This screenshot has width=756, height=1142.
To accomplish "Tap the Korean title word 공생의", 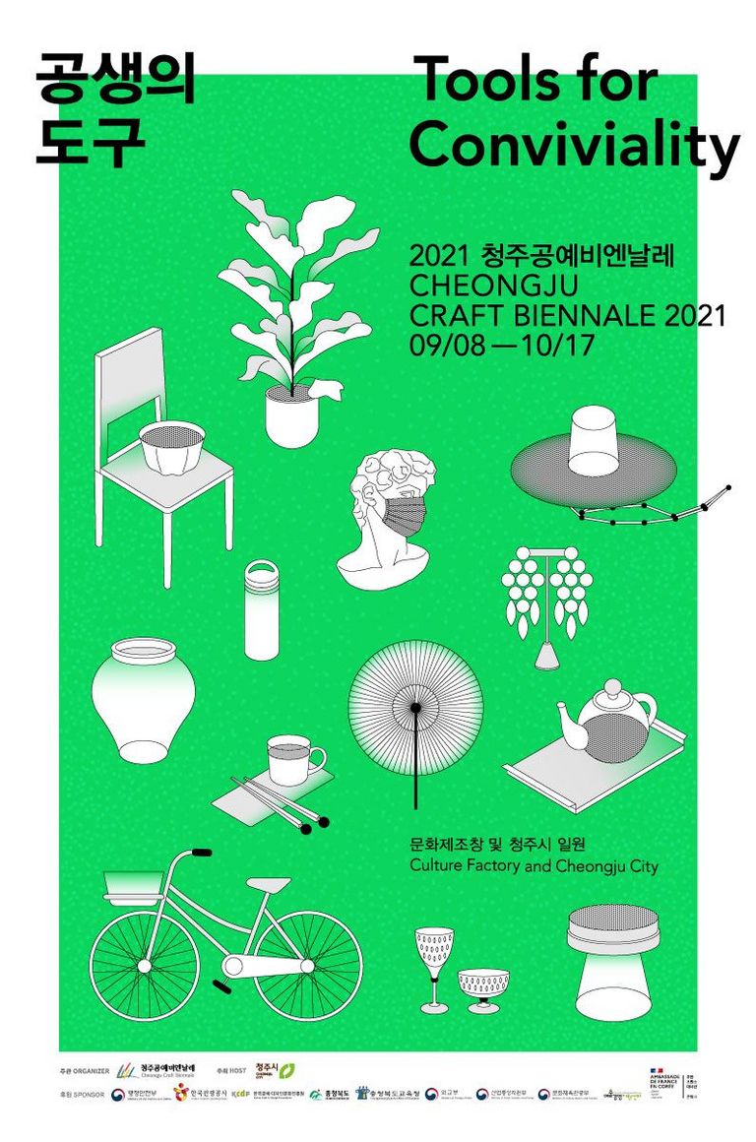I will pyautogui.click(x=115, y=79).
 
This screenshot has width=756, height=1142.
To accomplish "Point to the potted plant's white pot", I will pyautogui.click(x=292, y=415).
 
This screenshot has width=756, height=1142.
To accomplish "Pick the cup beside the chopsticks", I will pyautogui.click(x=293, y=759).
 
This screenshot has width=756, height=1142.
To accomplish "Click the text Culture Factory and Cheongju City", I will pyautogui.click(x=533, y=866).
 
